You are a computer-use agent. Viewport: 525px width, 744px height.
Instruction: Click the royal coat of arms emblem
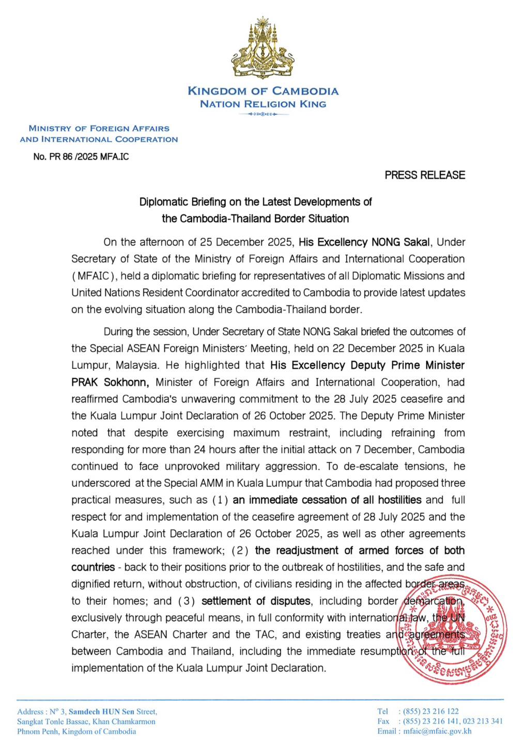(262, 49)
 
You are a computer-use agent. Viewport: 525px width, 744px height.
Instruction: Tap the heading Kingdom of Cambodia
(262, 91)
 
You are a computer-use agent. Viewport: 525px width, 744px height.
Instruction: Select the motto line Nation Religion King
(262, 104)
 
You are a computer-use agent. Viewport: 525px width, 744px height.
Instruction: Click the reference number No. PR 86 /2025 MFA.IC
(81, 157)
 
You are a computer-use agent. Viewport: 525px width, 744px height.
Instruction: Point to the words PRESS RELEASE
(425, 175)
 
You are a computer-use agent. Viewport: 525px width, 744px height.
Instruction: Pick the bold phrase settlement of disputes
(256, 601)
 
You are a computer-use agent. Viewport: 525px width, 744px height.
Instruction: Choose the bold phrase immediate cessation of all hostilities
(327, 500)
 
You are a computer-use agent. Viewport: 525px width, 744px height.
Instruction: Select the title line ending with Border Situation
(255, 219)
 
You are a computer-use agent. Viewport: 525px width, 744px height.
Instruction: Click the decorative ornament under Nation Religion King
(262, 114)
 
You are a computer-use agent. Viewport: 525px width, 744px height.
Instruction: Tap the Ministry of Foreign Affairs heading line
(99, 128)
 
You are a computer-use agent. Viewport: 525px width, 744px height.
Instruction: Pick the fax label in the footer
(383, 721)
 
